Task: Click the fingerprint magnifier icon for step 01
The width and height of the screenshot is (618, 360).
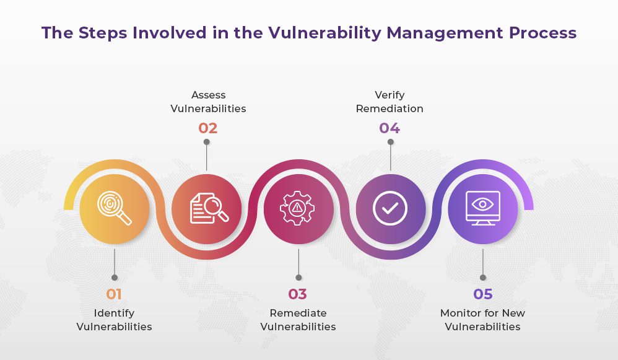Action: coord(115,209)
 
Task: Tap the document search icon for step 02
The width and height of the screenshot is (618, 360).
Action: coord(207,209)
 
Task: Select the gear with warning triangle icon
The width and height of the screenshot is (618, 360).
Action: coord(298,209)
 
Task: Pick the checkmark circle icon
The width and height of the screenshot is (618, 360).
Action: coord(390,209)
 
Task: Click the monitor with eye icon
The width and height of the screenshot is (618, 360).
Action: coord(482,209)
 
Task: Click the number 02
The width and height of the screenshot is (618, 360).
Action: coord(207,128)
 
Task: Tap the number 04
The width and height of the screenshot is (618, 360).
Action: coord(390,128)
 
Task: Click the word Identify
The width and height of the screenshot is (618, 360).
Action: coord(114,313)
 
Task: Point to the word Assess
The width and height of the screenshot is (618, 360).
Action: coord(208,95)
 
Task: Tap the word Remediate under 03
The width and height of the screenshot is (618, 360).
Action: coord(298,313)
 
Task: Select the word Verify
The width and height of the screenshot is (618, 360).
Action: coord(390,95)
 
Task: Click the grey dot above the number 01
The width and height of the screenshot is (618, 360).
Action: coord(115,278)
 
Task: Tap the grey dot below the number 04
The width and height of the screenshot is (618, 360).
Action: coord(390,142)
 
